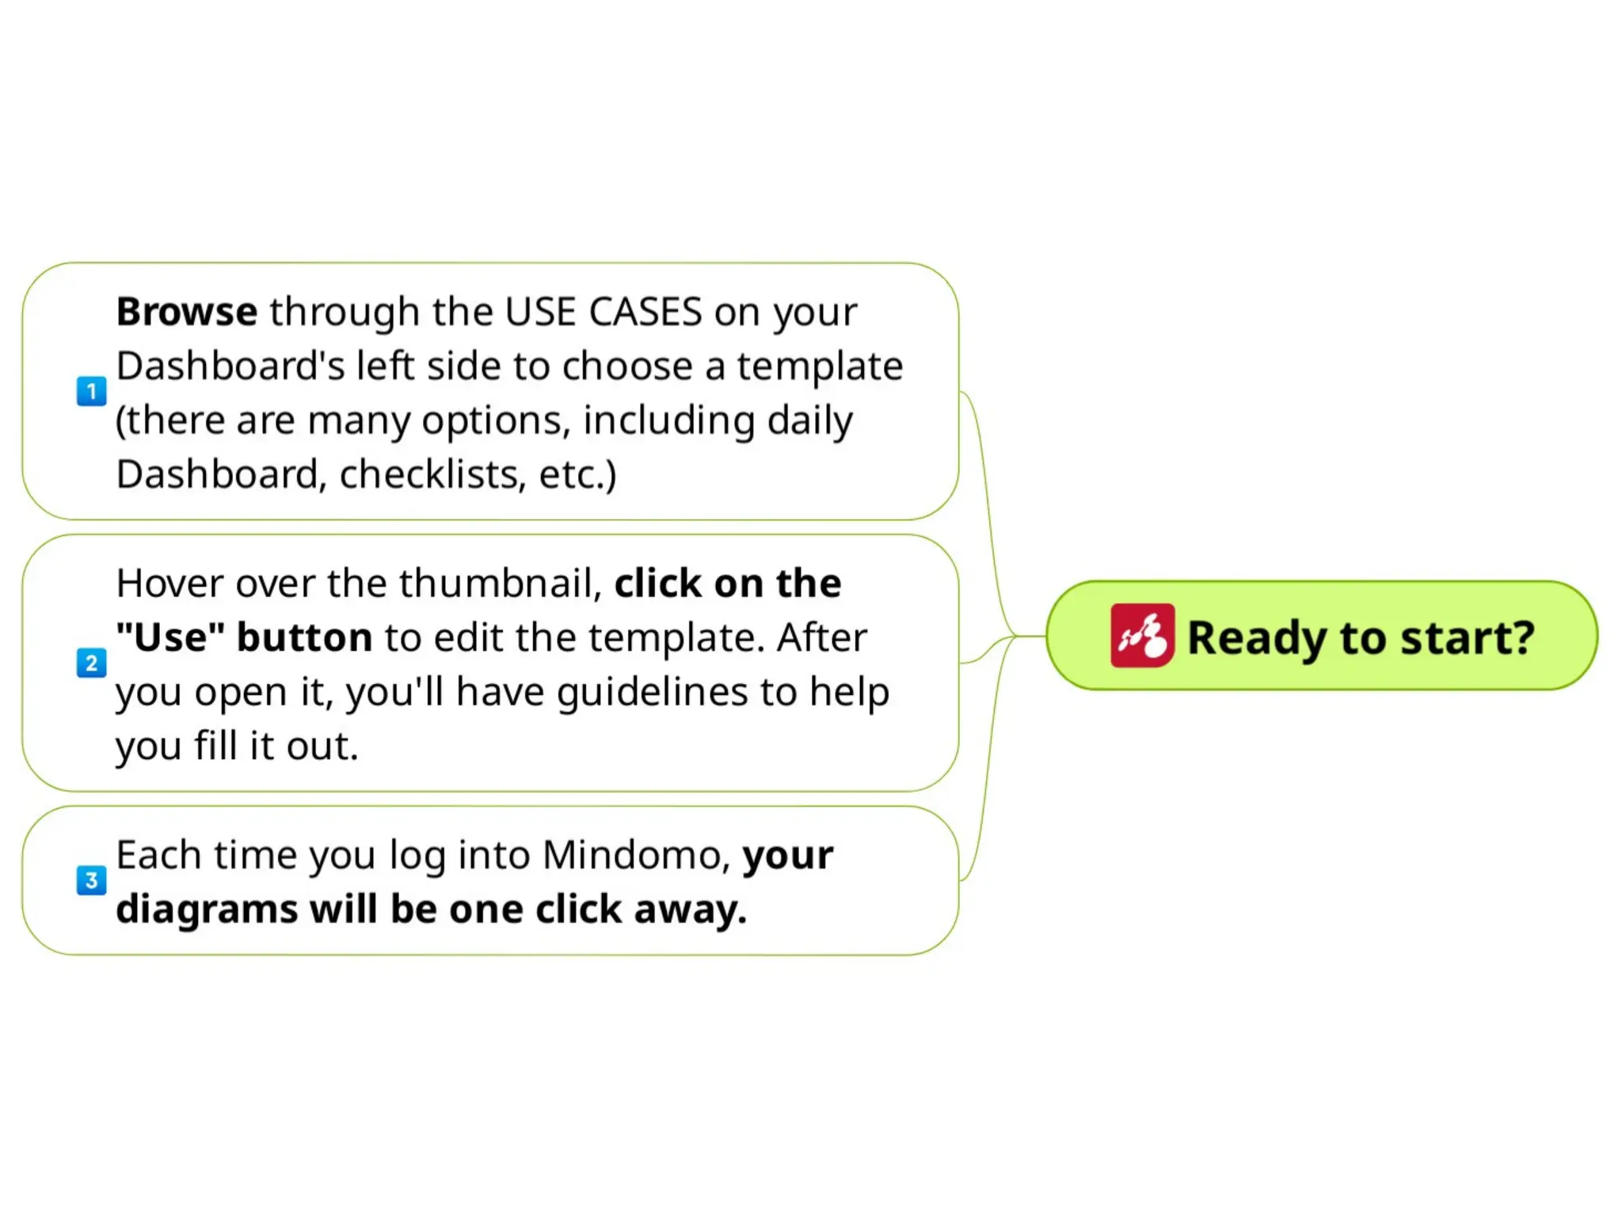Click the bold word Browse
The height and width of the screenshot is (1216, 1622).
[x=186, y=311]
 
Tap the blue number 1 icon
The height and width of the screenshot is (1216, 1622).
[x=91, y=391]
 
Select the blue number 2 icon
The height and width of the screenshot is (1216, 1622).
[x=91, y=663]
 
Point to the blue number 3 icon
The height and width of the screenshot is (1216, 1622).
[x=91, y=880]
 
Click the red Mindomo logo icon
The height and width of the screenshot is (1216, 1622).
[x=1141, y=636]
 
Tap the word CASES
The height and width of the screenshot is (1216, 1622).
[x=645, y=311]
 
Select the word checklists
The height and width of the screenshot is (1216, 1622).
[x=432, y=474]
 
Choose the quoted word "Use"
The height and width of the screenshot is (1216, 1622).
[x=170, y=637]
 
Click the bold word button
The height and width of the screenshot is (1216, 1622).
[x=304, y=637]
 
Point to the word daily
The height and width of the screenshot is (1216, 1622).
[x=809, y=420]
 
